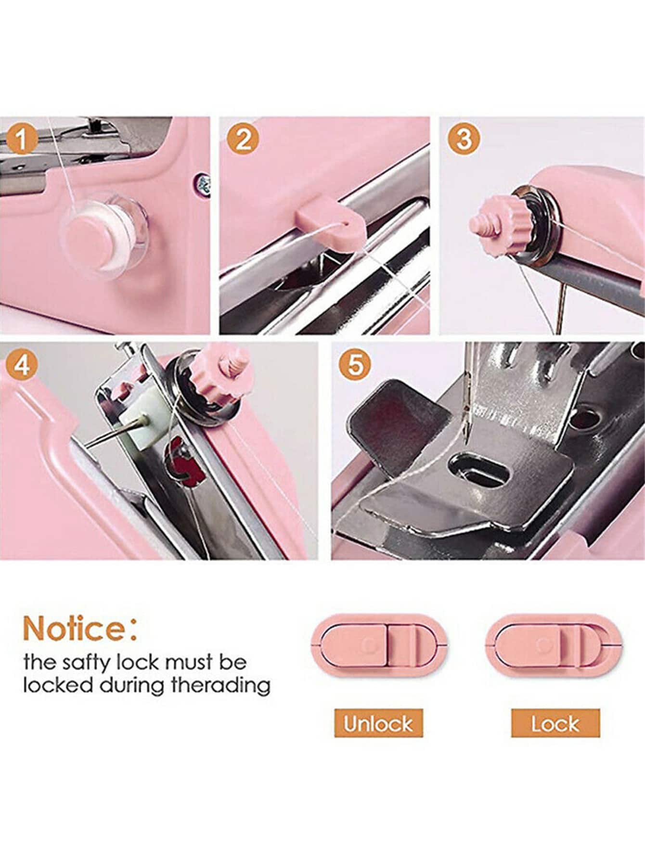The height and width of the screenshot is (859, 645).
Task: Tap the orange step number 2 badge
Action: pyautogui.click(x=244, y=140)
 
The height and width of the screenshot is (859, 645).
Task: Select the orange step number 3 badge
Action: pyautogui.click(x=464, y=139)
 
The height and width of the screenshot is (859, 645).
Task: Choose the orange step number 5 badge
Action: pyautogui.click(x=354, y=365)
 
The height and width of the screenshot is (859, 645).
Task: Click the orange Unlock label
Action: pyautogui.click(x=378, y=723)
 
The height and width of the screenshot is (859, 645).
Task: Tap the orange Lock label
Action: pyautogui.click(x=555, y=723)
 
